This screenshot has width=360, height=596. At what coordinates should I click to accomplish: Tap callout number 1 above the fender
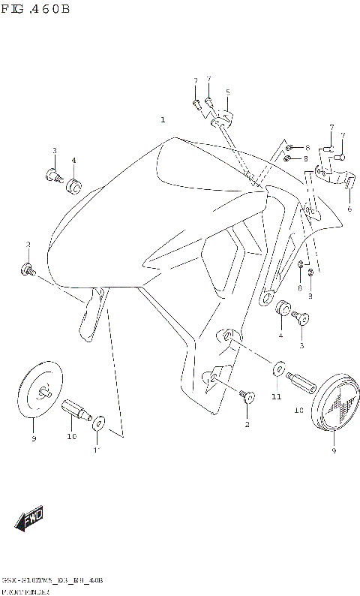click(x=162, y=120)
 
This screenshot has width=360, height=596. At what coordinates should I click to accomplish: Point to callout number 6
click(x=349, y=209)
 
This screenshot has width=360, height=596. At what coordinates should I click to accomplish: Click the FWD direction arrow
click(x=31, y=519)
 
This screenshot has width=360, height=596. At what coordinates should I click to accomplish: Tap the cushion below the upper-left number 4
click(x=74, y=185)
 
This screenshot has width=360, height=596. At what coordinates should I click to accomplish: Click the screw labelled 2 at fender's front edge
click(x=28, y=269)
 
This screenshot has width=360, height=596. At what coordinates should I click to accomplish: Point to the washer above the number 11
click(x=277, y=369)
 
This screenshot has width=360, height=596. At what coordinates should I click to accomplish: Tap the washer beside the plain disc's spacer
click(x=97, y=426)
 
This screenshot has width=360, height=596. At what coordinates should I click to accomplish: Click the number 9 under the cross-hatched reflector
click(x=334, y=451)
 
